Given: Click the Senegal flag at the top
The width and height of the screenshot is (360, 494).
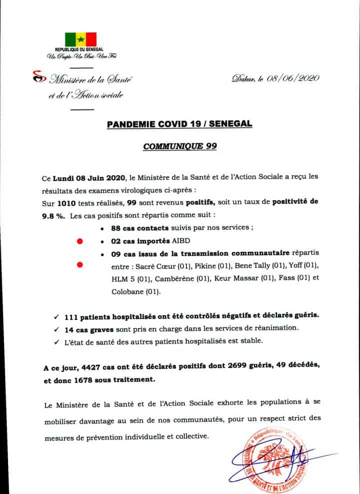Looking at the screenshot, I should [x=80, y=40].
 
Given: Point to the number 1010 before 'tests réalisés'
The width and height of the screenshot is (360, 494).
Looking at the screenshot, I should [x=66, y=202].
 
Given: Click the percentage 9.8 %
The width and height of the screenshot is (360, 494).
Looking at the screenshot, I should [x=54, y=215].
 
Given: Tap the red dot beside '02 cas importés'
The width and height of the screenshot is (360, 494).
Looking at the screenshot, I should [x=79, y=241].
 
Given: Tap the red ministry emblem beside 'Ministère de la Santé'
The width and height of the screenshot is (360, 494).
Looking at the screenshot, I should [x=35, y=76].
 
